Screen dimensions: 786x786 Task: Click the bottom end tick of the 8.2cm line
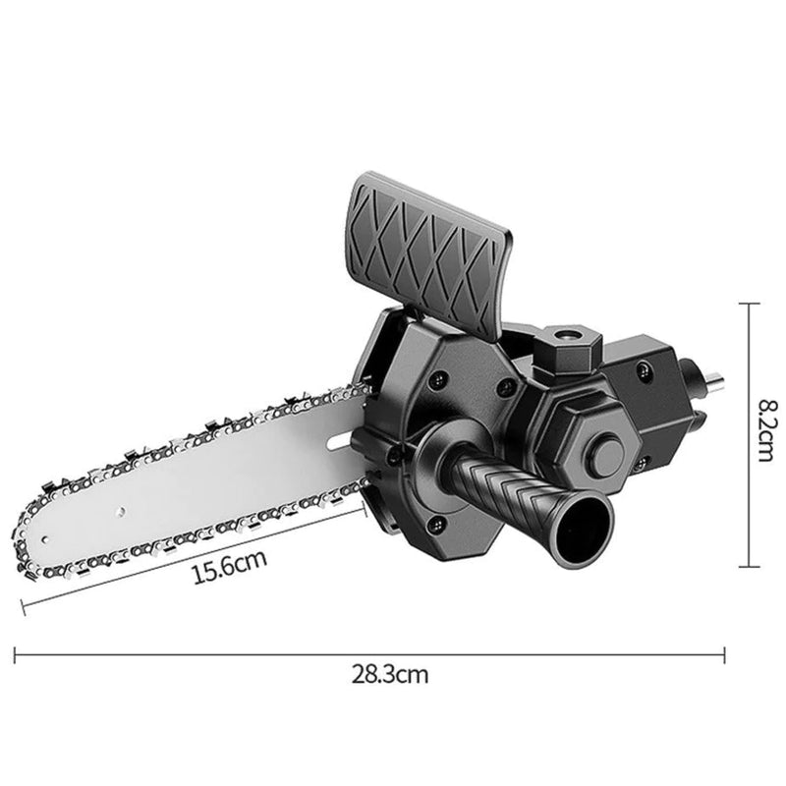pyautogui.click(x=750, y=566)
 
